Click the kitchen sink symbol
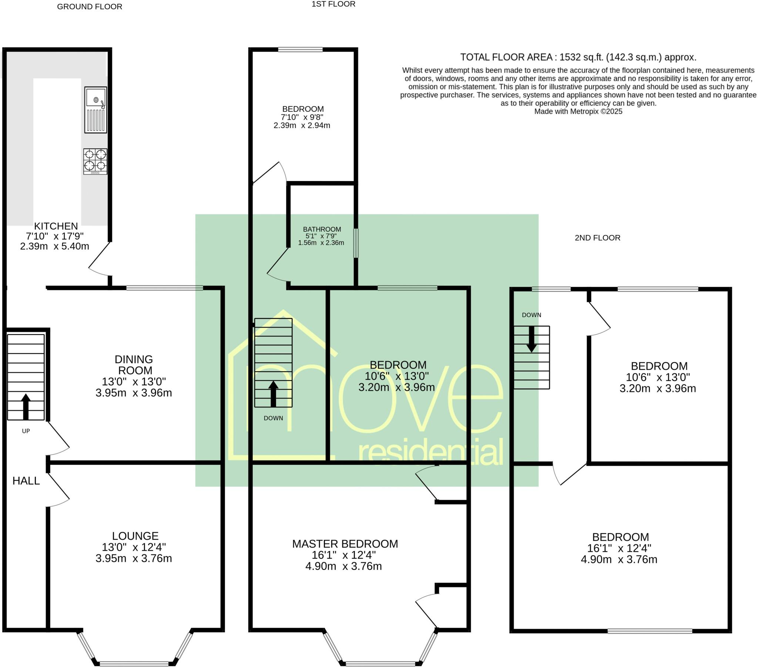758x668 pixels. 96,110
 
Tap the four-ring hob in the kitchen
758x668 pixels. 95,161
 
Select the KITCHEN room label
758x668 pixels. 56,226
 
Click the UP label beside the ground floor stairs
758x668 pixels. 26,431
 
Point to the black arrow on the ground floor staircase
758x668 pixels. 26,406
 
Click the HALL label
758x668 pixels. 26,481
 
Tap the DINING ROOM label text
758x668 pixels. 134,365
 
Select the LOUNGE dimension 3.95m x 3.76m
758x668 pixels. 134,558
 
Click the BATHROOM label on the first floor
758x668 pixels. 322,229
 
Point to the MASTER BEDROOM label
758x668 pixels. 345,544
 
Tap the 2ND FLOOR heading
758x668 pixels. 597,238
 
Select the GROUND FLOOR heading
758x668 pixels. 89,7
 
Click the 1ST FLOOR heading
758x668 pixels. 333,4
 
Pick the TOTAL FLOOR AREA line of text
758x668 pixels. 578,57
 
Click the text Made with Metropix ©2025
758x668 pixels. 578,111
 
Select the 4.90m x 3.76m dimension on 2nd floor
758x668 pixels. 619,559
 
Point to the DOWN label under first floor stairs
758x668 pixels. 273,418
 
